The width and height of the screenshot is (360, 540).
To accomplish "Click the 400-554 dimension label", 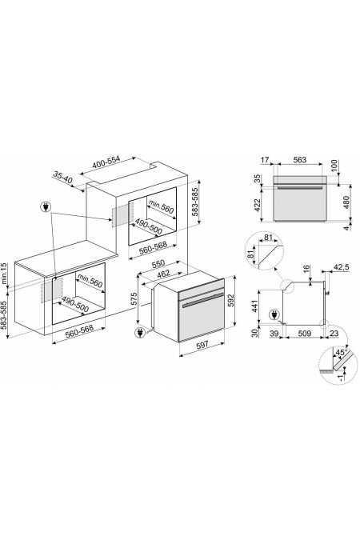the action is (x=106, y=164).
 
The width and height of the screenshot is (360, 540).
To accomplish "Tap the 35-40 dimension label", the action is (x=62, y=178).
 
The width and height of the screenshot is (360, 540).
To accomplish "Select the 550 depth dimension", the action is (x=158, y=264).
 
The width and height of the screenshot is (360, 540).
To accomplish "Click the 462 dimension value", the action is (x=163, y=273).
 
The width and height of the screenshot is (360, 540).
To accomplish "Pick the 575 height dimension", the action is (x=134, y=298).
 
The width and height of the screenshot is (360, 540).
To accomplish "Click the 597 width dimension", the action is (x=203, y=346).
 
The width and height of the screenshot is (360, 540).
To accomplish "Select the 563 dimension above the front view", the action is (x=299, y=160).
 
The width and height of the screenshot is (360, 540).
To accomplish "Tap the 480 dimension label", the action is (x=346, y=202).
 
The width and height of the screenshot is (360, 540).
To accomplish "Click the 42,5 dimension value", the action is (x=341, y=266).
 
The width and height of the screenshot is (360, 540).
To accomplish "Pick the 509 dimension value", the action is (x=304, y=333).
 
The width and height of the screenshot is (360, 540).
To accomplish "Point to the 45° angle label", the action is (x=342, y=353).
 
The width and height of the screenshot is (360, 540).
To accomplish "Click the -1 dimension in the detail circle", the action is (x=341, y=376).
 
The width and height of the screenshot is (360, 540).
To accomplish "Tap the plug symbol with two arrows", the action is (x=46, y=207).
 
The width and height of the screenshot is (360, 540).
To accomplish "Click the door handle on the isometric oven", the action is (x=202, y=302).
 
